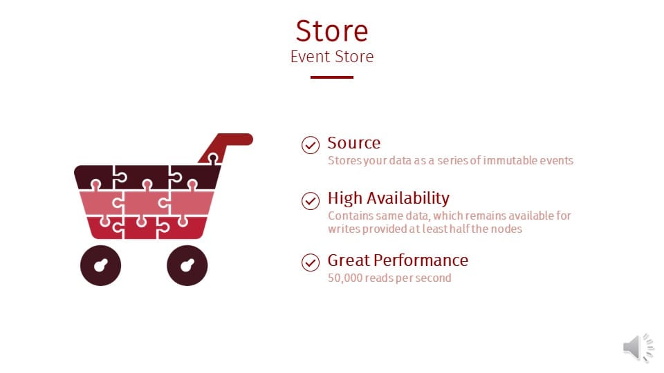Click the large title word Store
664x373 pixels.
332,31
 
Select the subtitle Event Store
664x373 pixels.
332,57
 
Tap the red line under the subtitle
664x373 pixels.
332,77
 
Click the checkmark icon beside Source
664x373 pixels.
311,145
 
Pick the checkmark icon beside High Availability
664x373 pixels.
311,201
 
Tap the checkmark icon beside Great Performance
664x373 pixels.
311,262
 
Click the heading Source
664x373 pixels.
354,143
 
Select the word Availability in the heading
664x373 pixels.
408,198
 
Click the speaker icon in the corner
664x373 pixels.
638,347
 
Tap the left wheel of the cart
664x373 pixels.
101,265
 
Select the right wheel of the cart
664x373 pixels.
187,265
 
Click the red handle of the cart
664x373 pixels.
229,141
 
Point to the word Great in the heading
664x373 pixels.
349,260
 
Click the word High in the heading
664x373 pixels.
345,198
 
